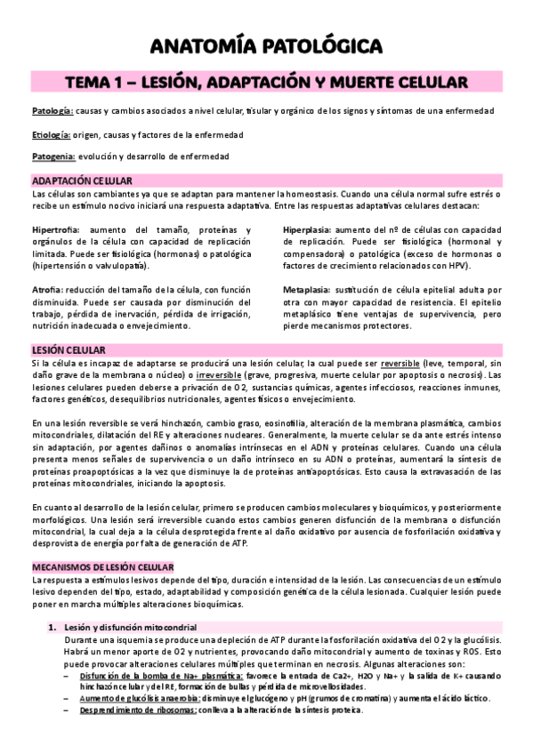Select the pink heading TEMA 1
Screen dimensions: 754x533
coord(266,83)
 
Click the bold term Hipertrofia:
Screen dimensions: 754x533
coord(55,230)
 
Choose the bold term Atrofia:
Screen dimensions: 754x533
coord(46,290)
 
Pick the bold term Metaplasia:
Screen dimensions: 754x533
coord(308,290)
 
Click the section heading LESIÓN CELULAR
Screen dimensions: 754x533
coord(68,350)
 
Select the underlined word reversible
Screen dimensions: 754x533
coord(481,363)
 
